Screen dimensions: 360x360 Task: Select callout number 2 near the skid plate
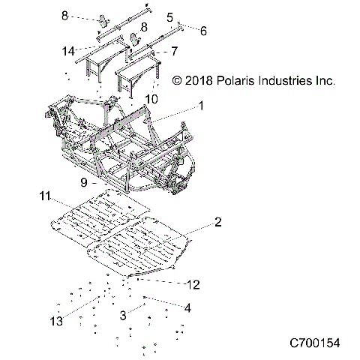pos(217,222)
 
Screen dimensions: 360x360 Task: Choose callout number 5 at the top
pos(169,16)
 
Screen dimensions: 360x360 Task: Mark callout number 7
pos(174,52)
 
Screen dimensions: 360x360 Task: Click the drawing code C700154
pos(315,343)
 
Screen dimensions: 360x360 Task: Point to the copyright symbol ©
pos(177,79)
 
